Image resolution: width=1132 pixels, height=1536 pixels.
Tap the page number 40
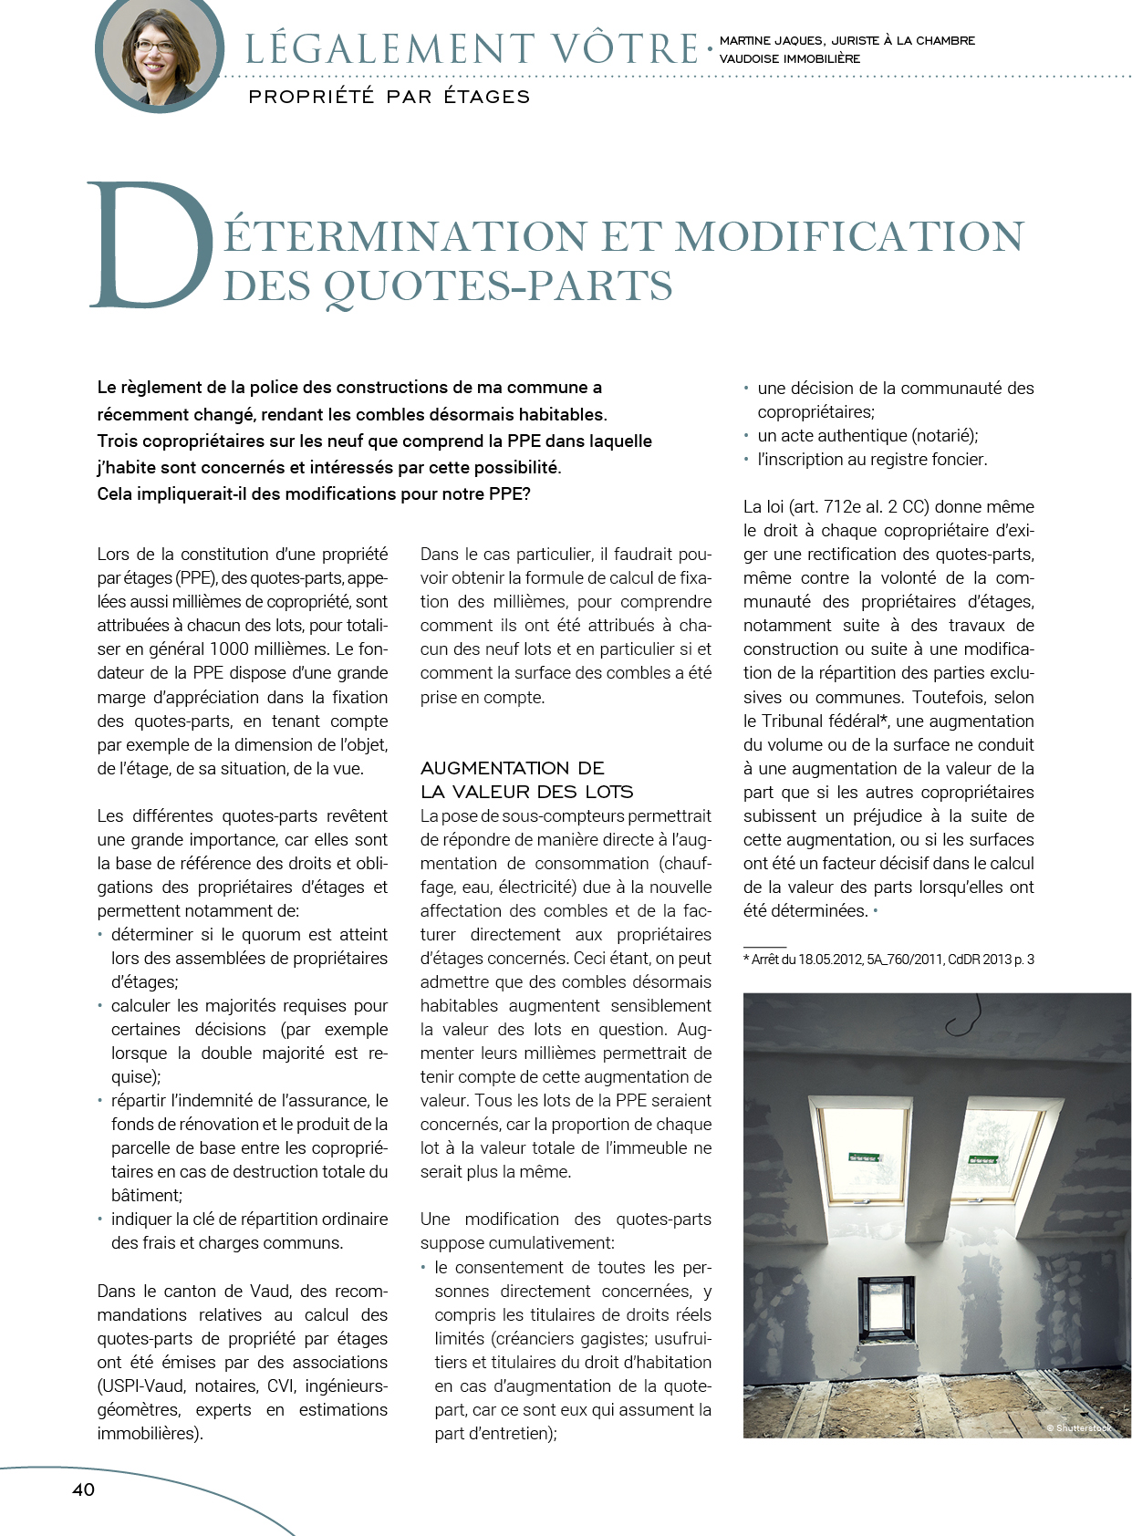tap(83, 1489)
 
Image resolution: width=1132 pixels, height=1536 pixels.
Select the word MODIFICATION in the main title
tap(849, 236)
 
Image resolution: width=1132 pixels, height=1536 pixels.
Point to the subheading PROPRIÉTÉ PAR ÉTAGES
tap(389, 97)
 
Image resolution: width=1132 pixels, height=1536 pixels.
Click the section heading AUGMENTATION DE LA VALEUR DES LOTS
tap(526, 780)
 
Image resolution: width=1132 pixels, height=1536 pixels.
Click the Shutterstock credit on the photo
tap(1078, 1427)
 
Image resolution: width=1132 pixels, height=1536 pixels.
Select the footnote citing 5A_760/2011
tap(888, 960)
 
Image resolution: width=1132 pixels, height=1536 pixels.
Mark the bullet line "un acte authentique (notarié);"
tap(867, 436)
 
